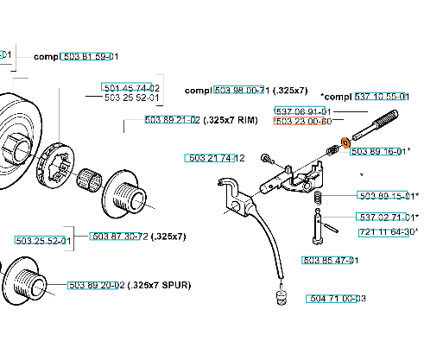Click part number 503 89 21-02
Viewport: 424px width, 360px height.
click(173, 120)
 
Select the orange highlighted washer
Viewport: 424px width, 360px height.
click(345, 142)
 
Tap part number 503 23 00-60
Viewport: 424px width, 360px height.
click(303, 121)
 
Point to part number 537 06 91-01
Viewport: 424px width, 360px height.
click(303, 111)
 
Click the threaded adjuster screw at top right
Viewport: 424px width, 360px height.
click(375, 125)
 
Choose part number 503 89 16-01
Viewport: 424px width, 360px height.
click(379, 151)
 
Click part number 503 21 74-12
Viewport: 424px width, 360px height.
click(215, 158)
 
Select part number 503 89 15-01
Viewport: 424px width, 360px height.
click(386, 195)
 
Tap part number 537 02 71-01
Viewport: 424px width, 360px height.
click(385, 217)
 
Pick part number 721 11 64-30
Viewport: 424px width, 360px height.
click(386, 232)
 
